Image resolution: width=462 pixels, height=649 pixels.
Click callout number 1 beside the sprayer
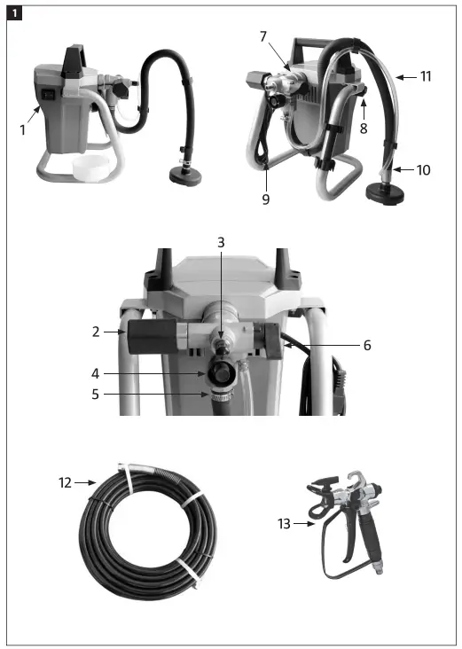[22, 129]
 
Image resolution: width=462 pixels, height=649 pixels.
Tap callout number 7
[262, 36]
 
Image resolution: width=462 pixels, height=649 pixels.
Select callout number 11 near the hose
[426, 77]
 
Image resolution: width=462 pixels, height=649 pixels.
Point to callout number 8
[364, 128]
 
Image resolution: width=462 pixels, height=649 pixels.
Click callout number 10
[424, 168]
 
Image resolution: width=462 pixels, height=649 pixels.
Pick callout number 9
[265, 199]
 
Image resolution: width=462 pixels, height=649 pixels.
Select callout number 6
[367, 345]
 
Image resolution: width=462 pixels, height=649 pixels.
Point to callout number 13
[285, 523]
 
